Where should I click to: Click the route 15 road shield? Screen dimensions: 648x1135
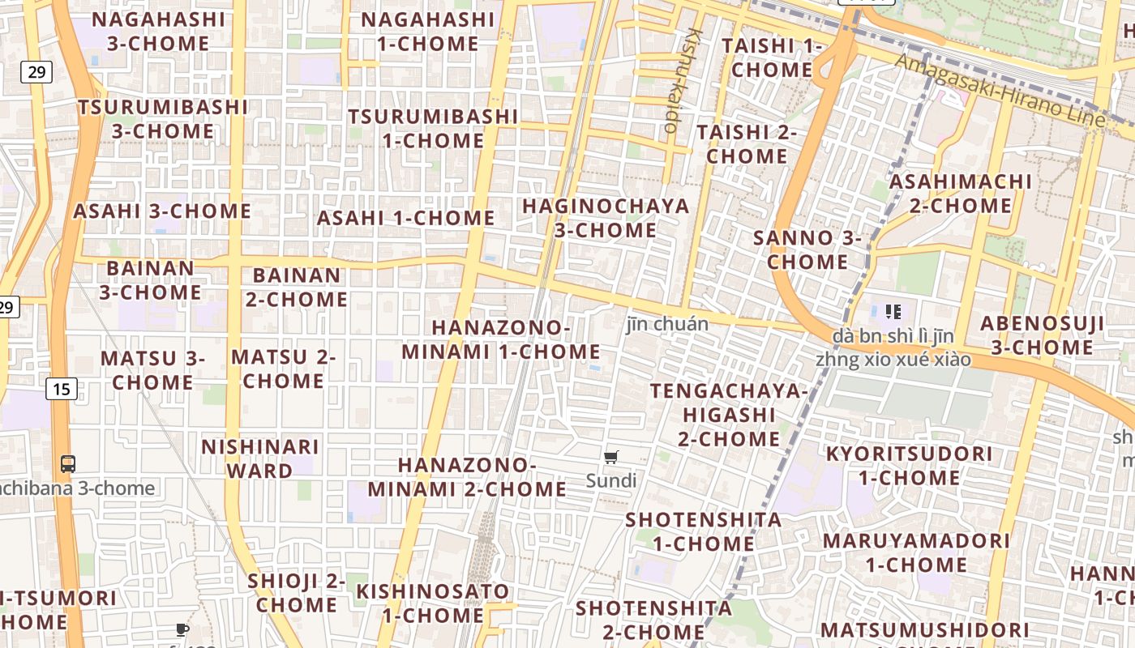[x=62, y=390]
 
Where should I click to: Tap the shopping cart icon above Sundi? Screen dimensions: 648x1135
[x=611, y=458]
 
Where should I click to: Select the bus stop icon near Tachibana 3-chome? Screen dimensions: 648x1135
[x=68, y=464]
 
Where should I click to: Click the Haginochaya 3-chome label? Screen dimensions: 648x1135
[x=606, y=218]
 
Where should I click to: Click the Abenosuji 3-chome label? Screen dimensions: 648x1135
[x=1042, y=335]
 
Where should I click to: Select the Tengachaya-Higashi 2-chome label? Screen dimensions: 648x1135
[x=729, y=415]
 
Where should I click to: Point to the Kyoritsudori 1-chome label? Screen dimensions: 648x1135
[x=909, y=465]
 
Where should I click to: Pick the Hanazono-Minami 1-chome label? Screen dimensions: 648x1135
[x=501, y=339]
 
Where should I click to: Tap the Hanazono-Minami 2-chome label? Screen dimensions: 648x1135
[x=467, y=477]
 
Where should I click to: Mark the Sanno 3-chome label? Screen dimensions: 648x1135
[x=807, y=249]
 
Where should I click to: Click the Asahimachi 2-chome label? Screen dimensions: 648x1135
[x=961, y=193]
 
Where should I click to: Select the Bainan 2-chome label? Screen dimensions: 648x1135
[x=297, y=287]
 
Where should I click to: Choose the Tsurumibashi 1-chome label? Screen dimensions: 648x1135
[x=433, y=128]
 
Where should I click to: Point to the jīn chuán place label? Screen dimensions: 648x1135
[x=667, y=324]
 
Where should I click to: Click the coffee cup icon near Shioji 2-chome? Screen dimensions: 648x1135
[x=182, y=629]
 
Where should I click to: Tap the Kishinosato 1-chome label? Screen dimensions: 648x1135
[x=433, y=603]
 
